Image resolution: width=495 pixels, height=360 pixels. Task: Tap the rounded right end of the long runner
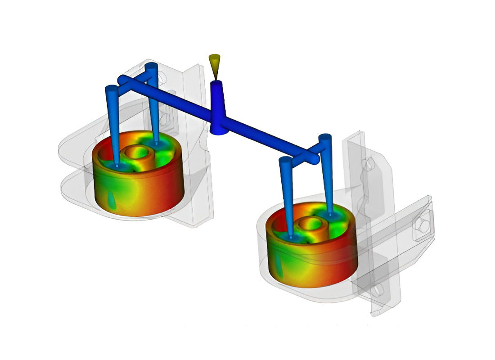pos(315,158)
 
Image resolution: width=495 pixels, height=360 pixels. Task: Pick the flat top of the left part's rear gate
pos(152,66)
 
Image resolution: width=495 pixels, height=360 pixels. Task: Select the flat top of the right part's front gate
pos(285,160)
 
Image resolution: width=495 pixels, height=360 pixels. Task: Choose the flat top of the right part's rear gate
pos(325,137)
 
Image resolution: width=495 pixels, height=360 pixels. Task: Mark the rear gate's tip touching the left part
pos(156,143)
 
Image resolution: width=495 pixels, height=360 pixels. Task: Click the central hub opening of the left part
pos(135,153)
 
